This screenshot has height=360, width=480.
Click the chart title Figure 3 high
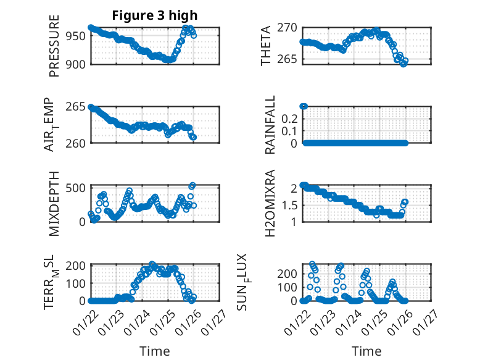tap(155, 15)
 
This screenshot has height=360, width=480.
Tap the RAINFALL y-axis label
tap(270, 125)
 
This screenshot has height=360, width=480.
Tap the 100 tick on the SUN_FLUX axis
tap(288, 287)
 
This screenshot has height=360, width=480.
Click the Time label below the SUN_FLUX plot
tap(366, 351)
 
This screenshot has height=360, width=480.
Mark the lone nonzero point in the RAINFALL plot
tap(304, 106)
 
